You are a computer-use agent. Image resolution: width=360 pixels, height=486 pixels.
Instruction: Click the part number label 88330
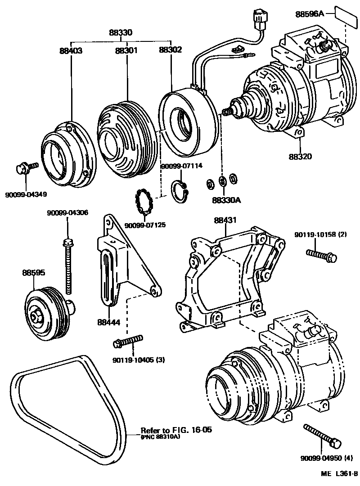[120, 33]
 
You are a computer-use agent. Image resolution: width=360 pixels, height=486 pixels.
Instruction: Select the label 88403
[71, 50]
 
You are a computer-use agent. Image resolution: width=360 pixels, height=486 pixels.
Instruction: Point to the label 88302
[170, 50]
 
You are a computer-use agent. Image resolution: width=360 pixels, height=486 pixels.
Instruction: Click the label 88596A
[310, 14]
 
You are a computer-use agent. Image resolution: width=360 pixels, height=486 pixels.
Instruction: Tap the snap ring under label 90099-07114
[181, 190]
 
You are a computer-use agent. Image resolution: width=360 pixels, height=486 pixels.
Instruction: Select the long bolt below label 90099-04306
[68, 265]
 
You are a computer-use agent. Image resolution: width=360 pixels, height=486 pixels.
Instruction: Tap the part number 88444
[108, 323]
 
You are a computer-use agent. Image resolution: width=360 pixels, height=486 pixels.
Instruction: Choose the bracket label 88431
[225, 220]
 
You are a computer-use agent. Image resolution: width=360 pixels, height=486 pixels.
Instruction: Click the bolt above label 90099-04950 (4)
[321, 435]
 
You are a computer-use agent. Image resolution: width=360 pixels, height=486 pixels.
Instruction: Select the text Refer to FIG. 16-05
[176, 430]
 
